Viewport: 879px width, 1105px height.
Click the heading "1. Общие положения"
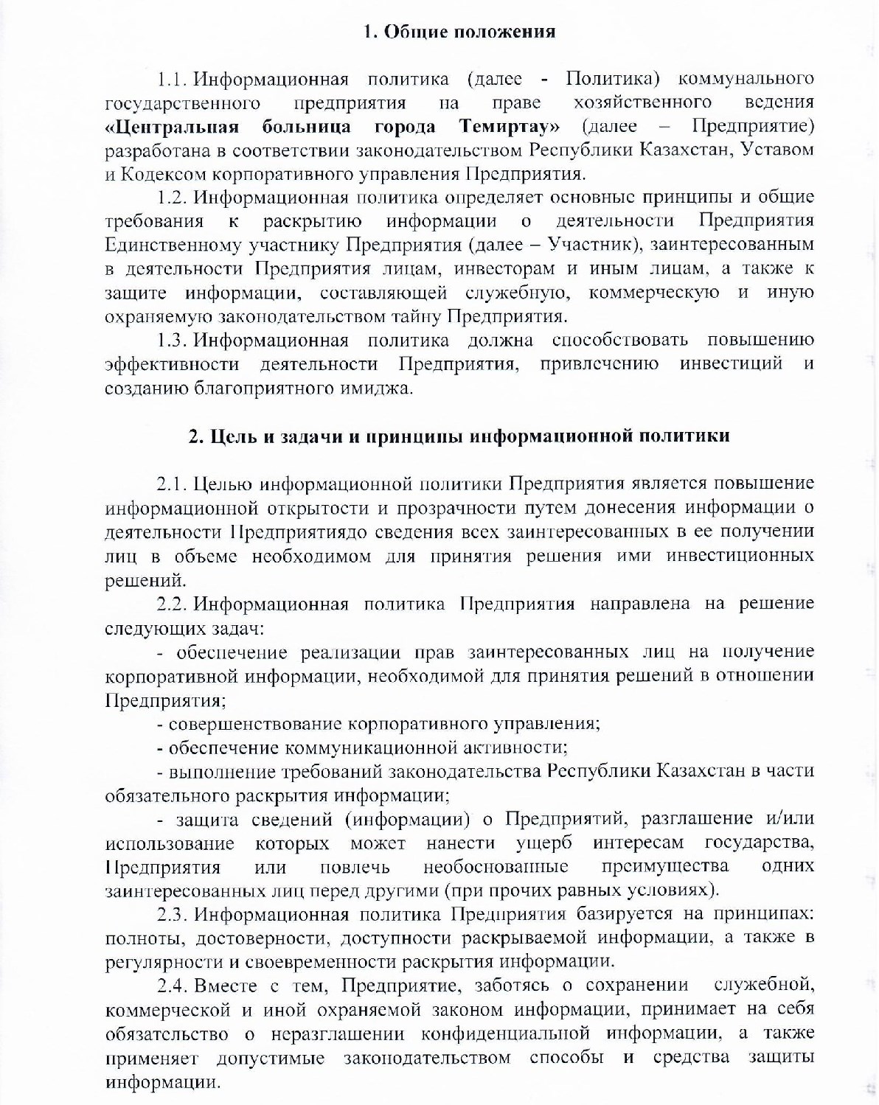click(x=459, y=32)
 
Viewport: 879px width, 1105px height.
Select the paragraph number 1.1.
click(x=173, y=79)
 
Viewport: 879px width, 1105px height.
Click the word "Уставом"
click(x=777, y=150)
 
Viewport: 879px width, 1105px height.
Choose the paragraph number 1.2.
click(x=174, y=197)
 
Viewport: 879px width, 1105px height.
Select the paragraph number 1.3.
click(x=174, y=340)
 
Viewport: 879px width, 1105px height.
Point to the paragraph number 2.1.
click(x=173, y=484)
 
